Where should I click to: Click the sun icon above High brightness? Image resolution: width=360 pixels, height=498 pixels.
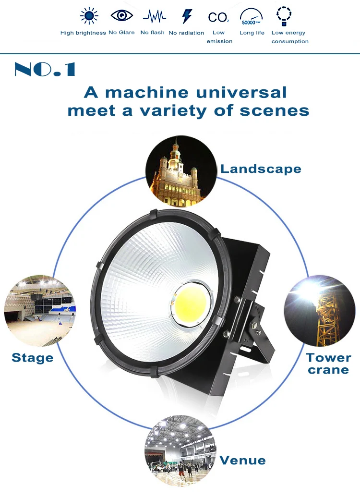click(x=89, y=15)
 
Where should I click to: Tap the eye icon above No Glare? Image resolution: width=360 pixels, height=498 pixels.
click(x=122, y=15)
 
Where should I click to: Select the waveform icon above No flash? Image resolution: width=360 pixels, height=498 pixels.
click(x=154, y=16)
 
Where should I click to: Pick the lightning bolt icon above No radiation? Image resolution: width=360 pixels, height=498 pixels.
click(x=187, y=16)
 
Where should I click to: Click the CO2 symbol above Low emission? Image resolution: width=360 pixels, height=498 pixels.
click(x=218, y=17)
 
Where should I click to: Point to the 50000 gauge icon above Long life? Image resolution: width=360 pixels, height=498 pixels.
click(x=252, y=16)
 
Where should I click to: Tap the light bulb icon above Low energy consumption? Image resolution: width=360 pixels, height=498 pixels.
click(x=284, y=16)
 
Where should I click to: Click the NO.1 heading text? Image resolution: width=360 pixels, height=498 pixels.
click(x=45, y=69)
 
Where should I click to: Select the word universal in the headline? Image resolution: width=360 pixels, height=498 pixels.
click(x=241, y=92)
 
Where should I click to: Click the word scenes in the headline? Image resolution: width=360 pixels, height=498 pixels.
click(x=274, y=111)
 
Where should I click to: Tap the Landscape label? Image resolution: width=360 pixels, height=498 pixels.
click(x=261, y=169)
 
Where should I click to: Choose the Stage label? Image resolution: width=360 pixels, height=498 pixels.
click(x=32, y=358)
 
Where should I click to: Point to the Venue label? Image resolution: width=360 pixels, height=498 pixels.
click(x=242, y=460)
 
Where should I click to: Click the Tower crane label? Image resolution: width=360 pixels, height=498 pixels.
click(x=329, y=364)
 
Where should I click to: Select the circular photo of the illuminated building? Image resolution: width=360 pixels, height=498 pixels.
click(x=181, y=171)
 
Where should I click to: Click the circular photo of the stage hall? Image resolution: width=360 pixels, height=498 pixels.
click(x=40, y=311)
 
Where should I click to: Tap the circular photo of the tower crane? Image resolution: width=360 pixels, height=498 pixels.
click(x=319, y=311)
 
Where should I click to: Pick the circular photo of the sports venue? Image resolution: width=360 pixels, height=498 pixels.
click(x=180, y=450)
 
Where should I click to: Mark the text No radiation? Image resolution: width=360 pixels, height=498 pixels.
click(x=186, y=33)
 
